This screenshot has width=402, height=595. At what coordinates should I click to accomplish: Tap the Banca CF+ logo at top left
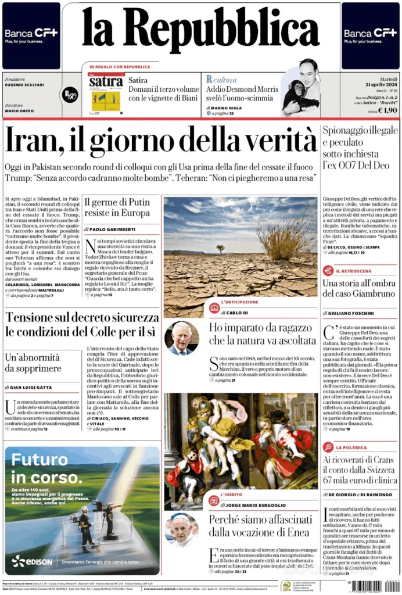coord(31,33)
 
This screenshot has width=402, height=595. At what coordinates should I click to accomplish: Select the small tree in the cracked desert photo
coord(221,248)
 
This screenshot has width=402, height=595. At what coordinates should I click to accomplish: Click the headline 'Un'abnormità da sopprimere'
coord(34,363)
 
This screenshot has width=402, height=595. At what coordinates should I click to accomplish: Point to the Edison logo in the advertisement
coord(33,561)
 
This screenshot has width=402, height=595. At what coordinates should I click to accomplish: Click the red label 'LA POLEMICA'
coord(352,448)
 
